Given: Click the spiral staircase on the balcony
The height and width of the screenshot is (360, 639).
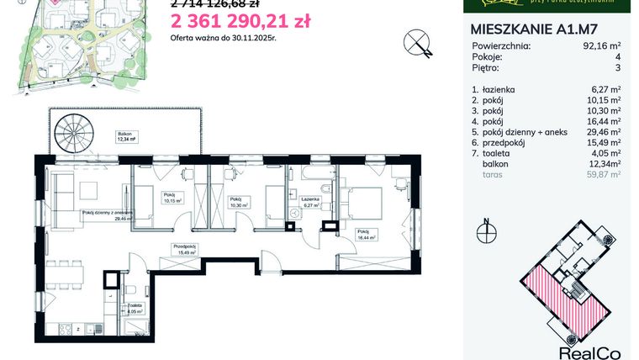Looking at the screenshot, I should pyautogui.click(x=74, y=134).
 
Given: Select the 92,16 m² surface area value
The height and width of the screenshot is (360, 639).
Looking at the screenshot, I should pyautogui.click(x=602, y=46).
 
